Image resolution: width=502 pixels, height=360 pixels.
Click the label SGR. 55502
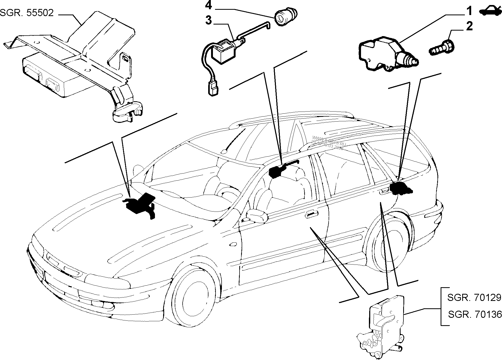(27, 13)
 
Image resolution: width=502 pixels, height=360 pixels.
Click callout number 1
(469, 12)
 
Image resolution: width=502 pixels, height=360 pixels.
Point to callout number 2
(469, 27)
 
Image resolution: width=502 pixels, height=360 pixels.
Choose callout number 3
(208, 21)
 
